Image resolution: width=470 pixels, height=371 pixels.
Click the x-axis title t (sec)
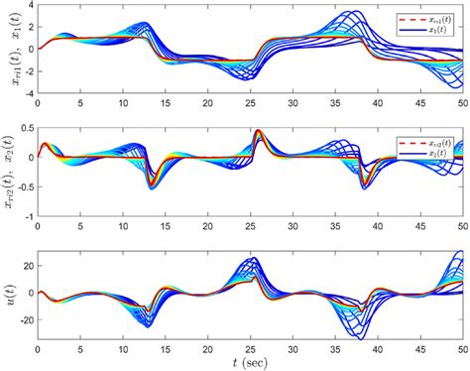tap(250, 361)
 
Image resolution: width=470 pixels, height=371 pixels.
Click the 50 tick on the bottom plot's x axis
tap(461, 348)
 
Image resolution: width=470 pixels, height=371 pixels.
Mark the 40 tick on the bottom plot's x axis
tap(376, 348)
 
